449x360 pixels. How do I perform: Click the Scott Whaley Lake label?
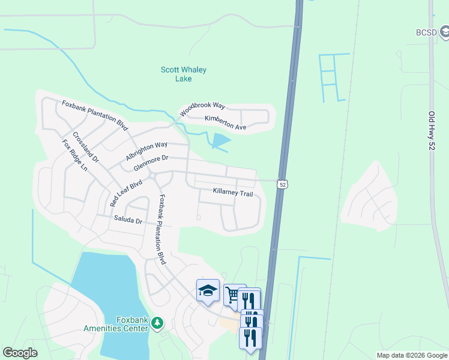tap(184, 74)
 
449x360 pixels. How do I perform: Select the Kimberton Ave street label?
tap(226, 123)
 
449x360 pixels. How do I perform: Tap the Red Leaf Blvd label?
tap(126, 193)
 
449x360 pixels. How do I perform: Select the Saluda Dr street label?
tap(128, 220)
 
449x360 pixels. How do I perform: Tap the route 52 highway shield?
tap(282, 184)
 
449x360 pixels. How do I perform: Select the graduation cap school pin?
tap(208, 291)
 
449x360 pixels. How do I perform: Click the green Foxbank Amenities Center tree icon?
tap(157, 323)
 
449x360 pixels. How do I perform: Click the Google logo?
tap(20, 353)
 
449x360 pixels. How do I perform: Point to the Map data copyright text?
tap(412, 355)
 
